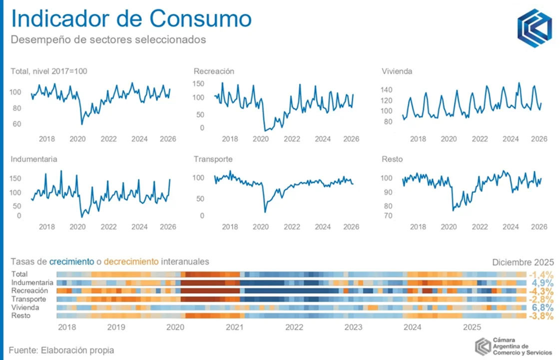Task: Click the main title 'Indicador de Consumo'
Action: point(131,19)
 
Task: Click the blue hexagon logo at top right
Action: point(534,28)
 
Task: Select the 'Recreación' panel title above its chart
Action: point(214,71)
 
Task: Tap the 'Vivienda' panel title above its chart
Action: point(397,71)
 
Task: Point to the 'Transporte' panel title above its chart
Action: point(213,159)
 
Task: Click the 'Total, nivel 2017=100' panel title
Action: point(49,71)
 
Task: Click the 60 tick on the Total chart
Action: point(16,123)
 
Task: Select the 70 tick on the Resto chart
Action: point(387,216)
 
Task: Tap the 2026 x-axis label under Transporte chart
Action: point(352,227)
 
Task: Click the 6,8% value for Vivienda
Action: point(543,307)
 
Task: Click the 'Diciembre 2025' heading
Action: point(523,262)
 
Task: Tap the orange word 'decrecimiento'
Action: point(131,261)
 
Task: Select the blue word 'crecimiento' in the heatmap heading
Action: point(71,261)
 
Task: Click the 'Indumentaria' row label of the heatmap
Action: point(32,282)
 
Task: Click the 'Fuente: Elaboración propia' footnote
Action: point(61,350)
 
